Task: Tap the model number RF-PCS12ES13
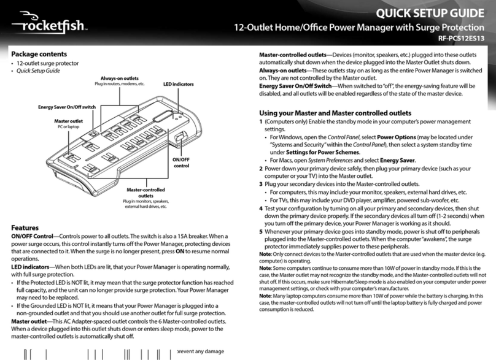(463, 42)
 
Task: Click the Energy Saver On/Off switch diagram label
(67, 107)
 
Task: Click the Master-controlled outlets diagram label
(145, 193)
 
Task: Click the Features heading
(25, 227)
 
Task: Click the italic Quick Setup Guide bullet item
(41, 72)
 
